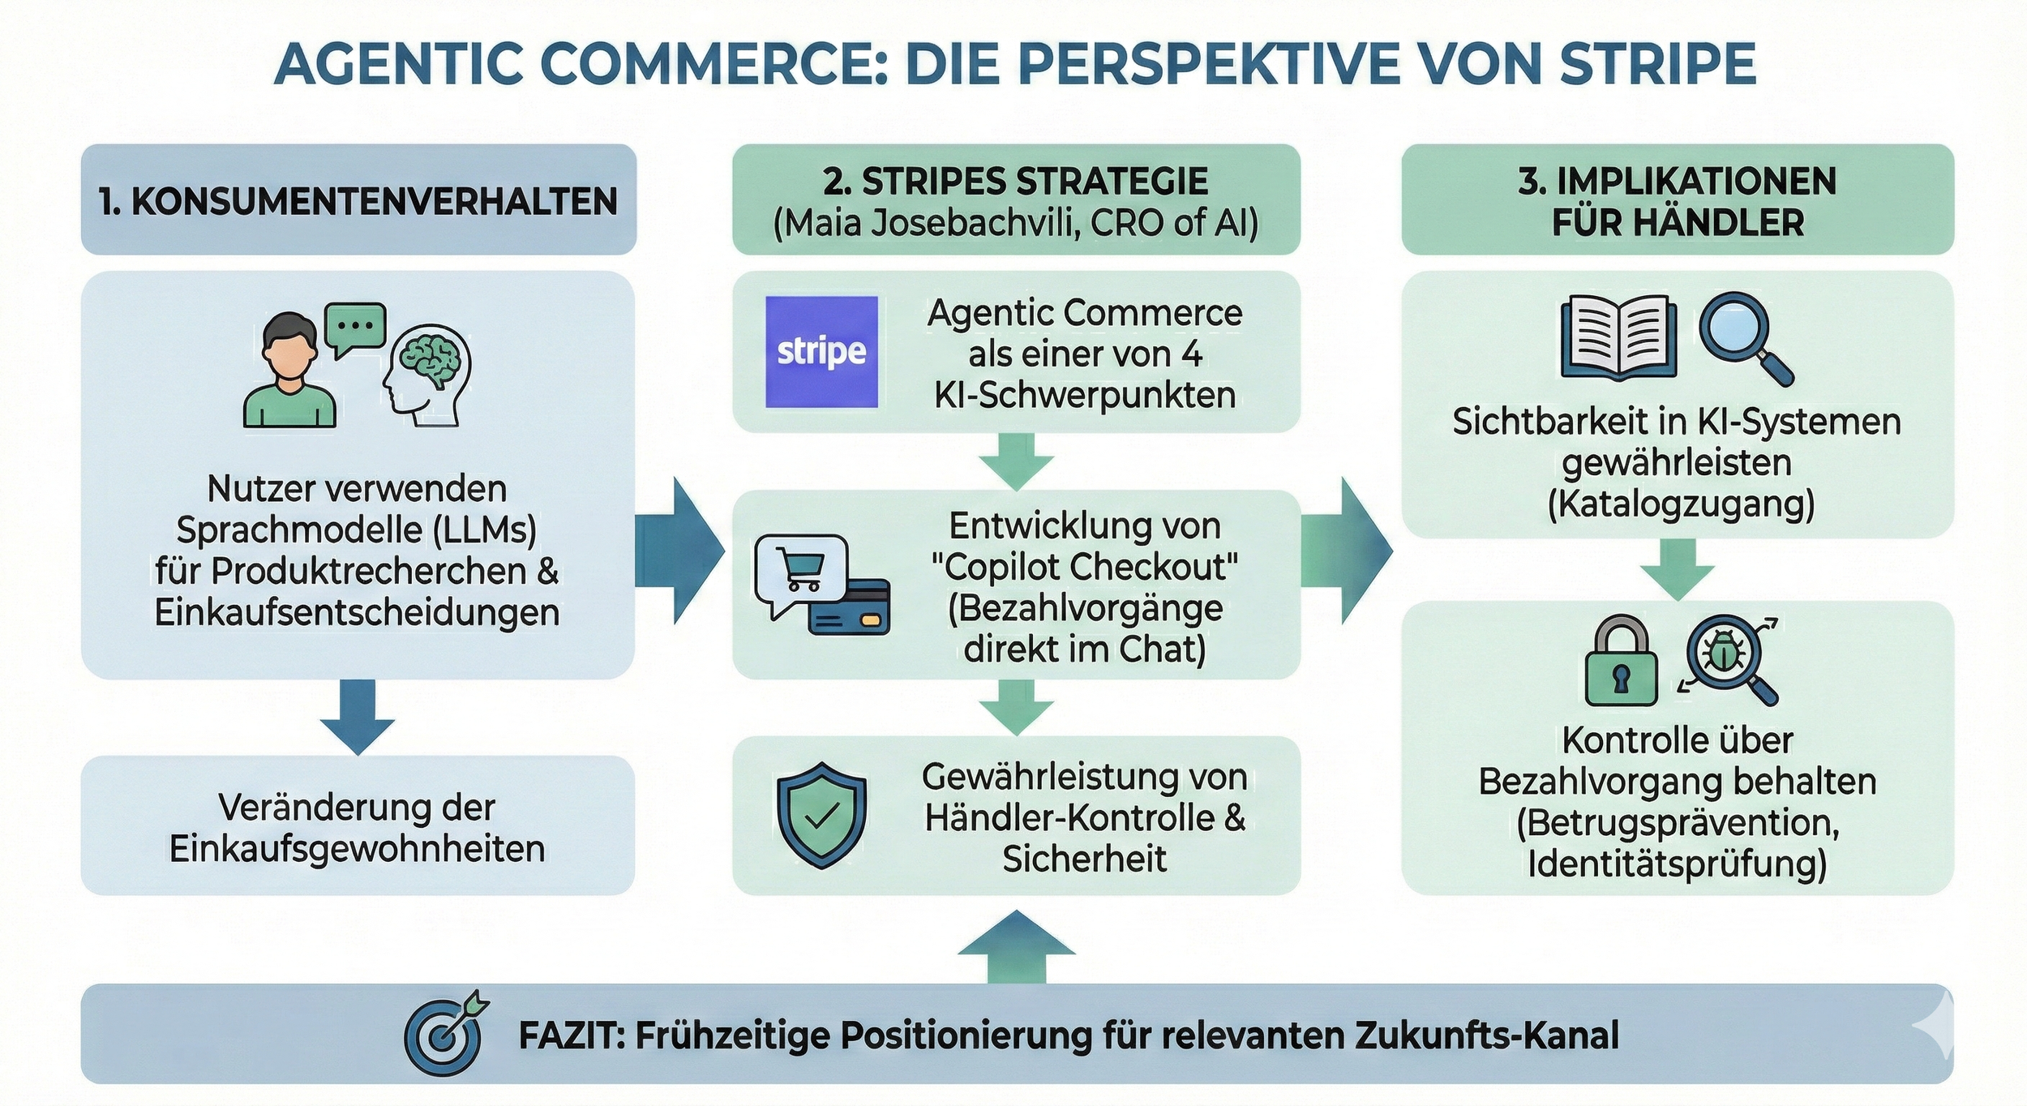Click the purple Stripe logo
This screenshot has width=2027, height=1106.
[x=821, y=351]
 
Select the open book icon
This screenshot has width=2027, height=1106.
[x=1618, y=337]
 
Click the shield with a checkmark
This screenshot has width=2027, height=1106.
[x=821, y=814]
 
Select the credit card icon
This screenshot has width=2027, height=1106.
[x=850, y=607]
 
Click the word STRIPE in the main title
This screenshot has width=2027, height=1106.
[x=1657, y=63]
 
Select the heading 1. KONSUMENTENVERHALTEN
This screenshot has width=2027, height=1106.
[x=358, y=200]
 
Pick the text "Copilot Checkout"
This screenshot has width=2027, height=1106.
[x=1084, y=567]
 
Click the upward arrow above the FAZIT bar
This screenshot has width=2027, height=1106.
[x=1016, y=945]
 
